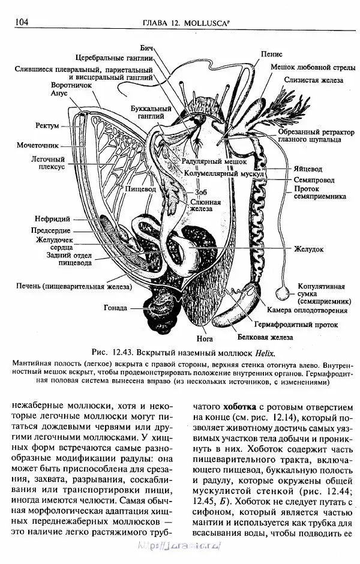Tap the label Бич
[x=147, y=47]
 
